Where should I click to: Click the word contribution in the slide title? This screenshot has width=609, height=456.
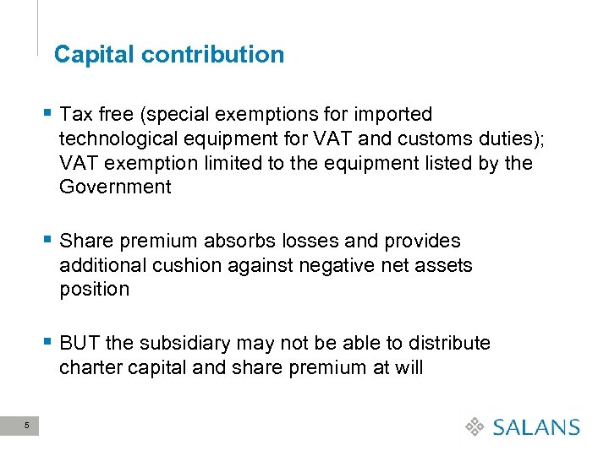coord(213,55)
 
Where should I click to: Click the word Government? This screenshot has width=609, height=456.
coord(115,187)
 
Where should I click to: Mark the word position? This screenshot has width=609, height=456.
coord(94,290)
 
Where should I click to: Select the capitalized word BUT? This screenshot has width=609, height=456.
coord(80,344)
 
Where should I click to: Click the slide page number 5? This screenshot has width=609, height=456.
coord(27,426)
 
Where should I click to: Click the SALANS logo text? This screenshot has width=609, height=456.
coord(536,427)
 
